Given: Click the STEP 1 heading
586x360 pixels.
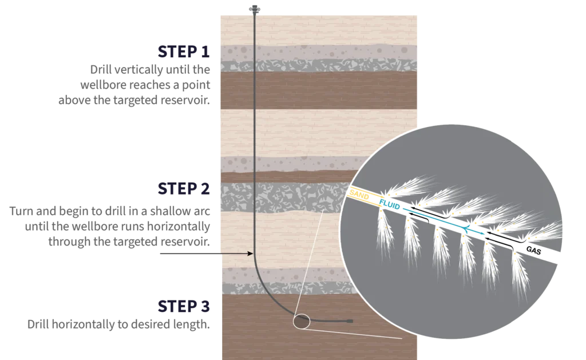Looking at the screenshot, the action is click(x=184, y=52).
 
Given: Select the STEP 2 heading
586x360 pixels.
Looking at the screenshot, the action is click(x=184, y=189).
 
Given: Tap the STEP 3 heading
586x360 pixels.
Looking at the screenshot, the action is click(x=184, y=306).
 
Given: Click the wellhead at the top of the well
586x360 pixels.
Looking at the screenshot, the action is click(x=255, y=9).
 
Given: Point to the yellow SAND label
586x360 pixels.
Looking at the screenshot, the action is click(x=359, y=194).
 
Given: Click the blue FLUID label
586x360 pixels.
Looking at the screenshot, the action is click(x=389, y=204).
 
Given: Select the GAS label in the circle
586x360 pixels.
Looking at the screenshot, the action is click(x=533, y=250).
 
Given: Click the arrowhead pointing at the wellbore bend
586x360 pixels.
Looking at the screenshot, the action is click(x=251, y=254).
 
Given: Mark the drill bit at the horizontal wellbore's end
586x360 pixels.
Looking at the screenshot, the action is click(x=350, y=321).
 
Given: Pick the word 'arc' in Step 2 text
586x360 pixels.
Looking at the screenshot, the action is click(x=202, y=212).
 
